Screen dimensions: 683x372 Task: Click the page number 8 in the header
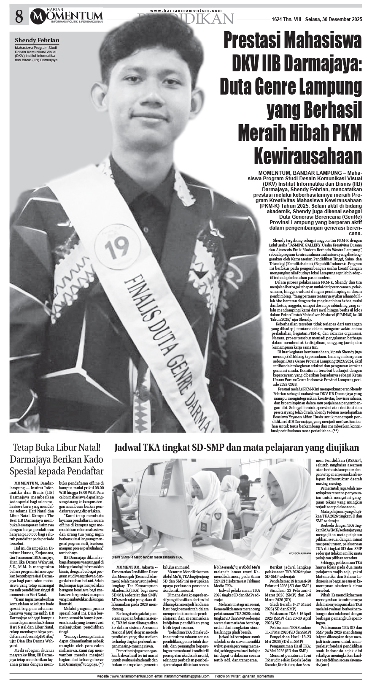(18, 17)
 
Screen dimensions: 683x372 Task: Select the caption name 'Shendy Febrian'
(37, 41)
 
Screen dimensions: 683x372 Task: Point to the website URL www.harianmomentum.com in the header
(186, 11)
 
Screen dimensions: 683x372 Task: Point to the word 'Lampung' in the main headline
(329, 88)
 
